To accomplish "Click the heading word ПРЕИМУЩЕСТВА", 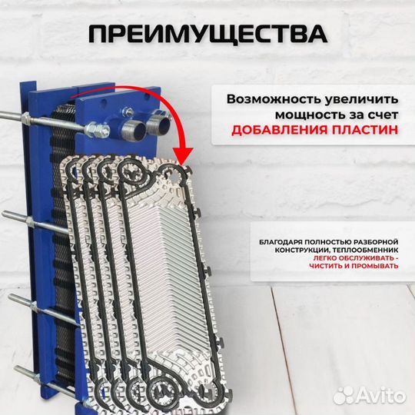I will click(207, 34).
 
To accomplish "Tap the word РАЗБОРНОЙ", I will click(376, 243).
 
